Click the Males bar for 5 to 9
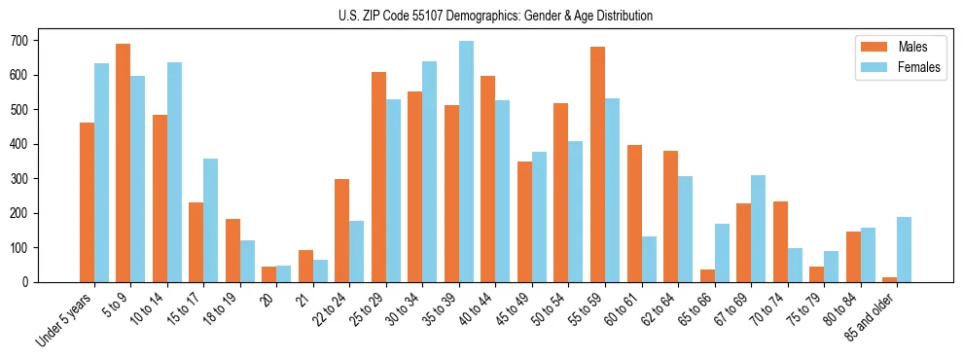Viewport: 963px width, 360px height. (124, 162)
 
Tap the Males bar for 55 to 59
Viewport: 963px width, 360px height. (598, 164)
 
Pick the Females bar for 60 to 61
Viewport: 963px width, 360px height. (649, 259)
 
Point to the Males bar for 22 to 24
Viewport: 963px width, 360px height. (342, 231)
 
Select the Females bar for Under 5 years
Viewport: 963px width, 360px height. (101, 172)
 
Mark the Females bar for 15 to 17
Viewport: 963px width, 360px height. (211, 220)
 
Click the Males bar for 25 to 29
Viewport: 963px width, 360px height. (378, 177)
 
